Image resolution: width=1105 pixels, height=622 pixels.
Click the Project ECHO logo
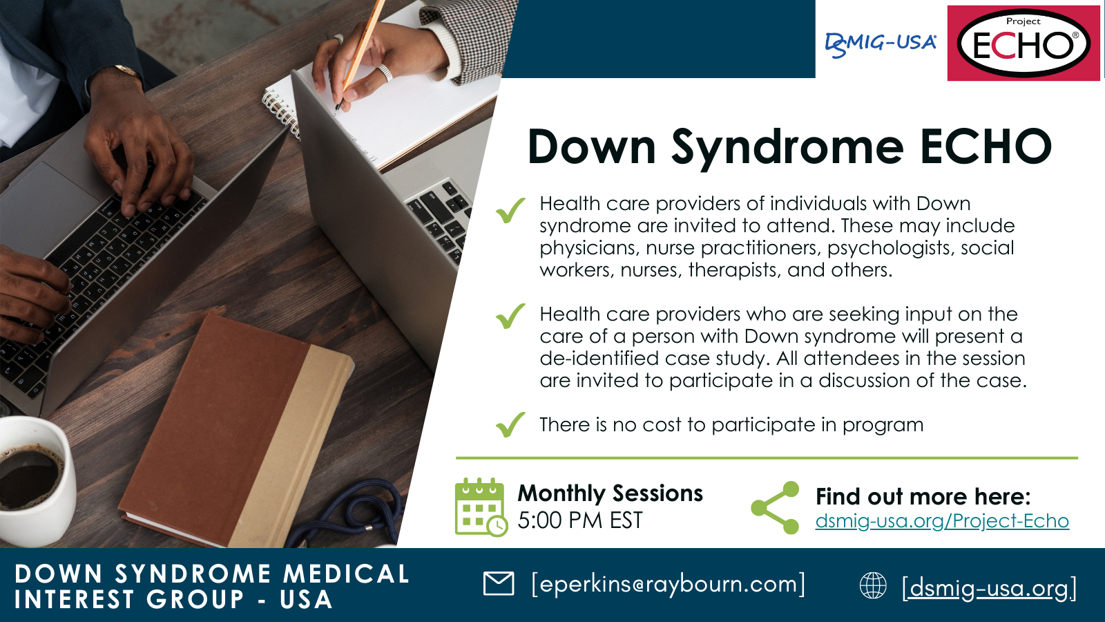click(1024, 43)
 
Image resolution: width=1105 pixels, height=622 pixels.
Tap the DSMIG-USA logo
click(881, 45)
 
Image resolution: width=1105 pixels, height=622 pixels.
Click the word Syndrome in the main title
click(788, 148)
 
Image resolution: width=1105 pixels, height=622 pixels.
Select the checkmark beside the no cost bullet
click(510, 424)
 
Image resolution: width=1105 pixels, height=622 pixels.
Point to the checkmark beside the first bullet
click(510, 210)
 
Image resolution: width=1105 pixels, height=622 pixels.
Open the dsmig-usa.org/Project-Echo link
click(942, 521)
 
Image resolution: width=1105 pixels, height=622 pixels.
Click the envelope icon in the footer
click(498, 583)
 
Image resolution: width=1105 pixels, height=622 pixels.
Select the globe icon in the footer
click(873, 585)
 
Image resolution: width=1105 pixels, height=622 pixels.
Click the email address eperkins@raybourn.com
click(669, 584)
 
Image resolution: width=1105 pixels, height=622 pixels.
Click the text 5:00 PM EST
click(580, 520)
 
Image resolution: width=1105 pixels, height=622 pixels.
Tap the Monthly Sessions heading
click(611, 493)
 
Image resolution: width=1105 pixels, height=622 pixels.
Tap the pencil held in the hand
click(360, 55)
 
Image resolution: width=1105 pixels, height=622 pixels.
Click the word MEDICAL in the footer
click(346, 574)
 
